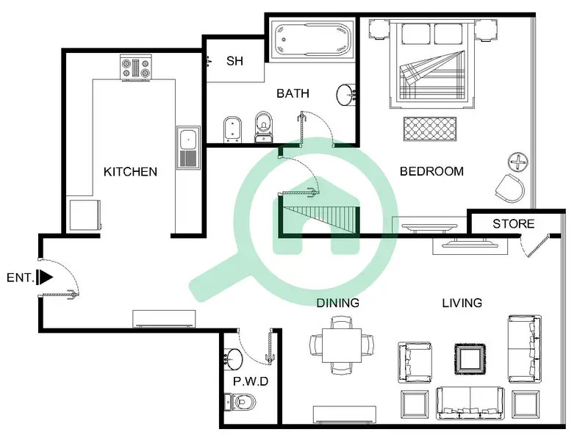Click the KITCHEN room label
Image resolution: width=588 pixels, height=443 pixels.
(x=130, y=172)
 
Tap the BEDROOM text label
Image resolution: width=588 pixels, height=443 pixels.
(x=431, y=171)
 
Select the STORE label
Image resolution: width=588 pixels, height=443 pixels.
(x=513, y=224)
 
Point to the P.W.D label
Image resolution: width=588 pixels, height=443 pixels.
(x=251, y=381)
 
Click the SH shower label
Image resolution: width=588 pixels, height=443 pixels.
(x=234, y=61)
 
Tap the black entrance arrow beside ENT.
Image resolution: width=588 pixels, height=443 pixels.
(x=46, y=278)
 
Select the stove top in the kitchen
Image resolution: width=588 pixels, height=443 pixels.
(x=136, y=68)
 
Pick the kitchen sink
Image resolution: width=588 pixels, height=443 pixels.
(x=188, y=148)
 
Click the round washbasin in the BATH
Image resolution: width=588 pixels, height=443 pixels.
(x=345, y=95)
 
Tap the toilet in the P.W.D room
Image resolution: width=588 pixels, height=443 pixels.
(x=240, y=403)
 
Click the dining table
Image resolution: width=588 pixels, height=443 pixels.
(x=342, y=345)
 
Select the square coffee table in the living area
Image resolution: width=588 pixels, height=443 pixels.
(x=470, y=359)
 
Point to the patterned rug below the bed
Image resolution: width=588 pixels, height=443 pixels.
(x=430, y=129)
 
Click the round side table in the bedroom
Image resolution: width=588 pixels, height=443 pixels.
(x=518, y=162)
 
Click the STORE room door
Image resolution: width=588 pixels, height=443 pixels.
(x=535, y=246)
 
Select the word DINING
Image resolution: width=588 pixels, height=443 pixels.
(x=338, y=303)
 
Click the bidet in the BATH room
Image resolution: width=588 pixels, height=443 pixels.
(x=232, y=130)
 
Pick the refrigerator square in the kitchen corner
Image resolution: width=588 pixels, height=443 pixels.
(x=85, y=215)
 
